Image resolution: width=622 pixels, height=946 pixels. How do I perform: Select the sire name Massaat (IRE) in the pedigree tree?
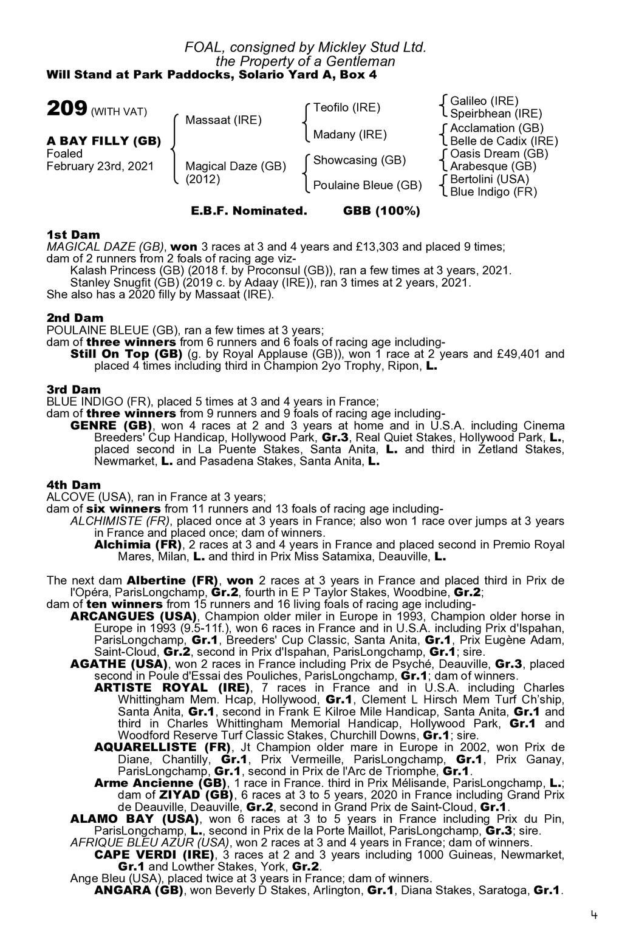click(223, 120)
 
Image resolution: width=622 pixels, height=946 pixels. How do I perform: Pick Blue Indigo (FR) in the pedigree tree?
click(493, 192)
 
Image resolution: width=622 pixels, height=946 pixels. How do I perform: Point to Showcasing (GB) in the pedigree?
click(359, 160)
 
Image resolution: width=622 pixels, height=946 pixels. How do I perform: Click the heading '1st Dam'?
click(73, 234)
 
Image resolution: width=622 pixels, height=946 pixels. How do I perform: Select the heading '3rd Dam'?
click(73, 389)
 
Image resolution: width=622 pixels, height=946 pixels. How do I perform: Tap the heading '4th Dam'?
click(73, 485)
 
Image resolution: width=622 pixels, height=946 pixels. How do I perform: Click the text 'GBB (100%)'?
click(381, 211)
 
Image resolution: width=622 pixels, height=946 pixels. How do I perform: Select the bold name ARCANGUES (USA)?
click(120, 616)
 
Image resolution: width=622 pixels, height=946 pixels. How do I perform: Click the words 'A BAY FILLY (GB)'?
click(104, 141)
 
